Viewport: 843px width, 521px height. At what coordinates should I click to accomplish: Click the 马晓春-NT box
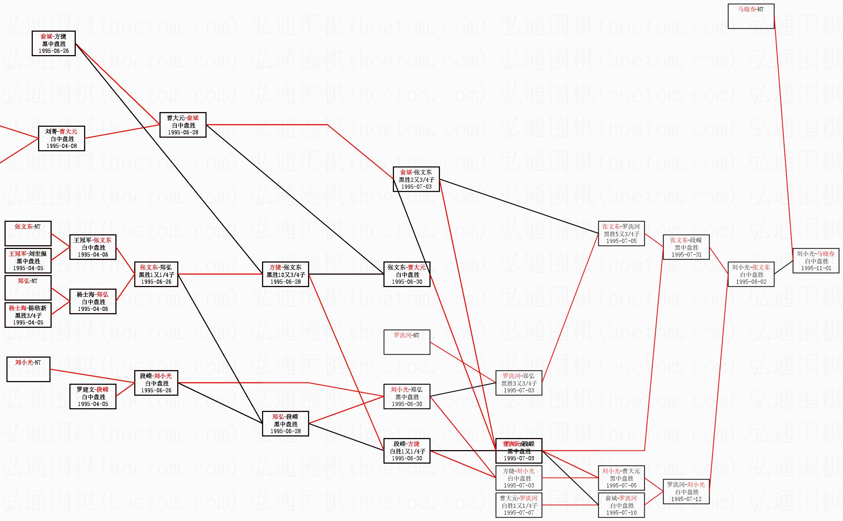point(751,16)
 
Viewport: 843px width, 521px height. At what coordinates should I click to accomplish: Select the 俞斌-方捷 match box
point(54,43)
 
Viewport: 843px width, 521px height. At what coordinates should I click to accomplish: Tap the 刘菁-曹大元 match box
point(61,138)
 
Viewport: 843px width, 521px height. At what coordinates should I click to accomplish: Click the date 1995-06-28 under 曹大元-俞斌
point(183,132)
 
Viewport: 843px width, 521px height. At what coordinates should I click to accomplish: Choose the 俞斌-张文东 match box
point(416,179)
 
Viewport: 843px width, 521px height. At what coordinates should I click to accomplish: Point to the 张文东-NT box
point(28,233)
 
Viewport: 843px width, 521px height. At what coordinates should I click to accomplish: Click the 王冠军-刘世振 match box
point(28,261)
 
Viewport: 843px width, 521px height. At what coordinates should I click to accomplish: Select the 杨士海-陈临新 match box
point(28,315)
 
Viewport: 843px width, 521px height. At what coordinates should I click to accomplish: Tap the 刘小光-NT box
point(28,369)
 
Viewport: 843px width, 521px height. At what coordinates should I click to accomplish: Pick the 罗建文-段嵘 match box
point(93,397)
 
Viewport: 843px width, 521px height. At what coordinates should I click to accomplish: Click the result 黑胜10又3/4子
point(285,275)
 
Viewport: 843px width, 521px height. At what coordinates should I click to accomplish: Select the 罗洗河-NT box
point(407,342)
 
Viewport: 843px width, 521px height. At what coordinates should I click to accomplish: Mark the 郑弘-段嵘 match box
point(285,424)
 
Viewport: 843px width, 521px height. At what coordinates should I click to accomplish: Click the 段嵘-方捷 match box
point(407,451)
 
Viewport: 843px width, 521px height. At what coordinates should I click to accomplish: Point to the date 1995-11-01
point(816,268)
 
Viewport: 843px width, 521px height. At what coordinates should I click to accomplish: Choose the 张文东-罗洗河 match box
point(621,234)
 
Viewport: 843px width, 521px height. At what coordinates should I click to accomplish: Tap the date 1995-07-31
point(686,255)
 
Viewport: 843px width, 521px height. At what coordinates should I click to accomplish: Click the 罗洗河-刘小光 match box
point(686,492)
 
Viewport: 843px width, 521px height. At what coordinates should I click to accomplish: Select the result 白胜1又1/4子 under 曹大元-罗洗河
point(519,506)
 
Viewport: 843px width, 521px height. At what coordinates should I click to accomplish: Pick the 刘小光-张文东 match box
point(751,274)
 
